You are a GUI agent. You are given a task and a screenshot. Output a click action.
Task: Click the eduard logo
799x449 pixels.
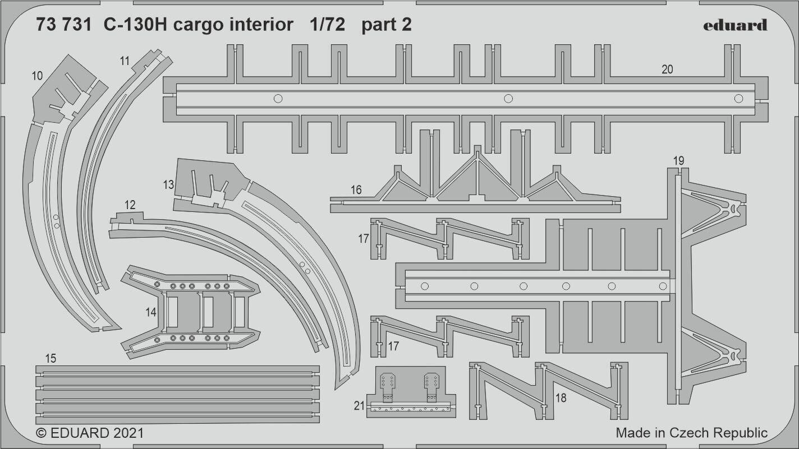click(734, 25)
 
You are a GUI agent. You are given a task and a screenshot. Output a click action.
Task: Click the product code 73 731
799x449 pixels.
click(62, 25)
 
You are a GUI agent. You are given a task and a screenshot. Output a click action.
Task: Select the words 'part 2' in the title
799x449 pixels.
click(387, 25)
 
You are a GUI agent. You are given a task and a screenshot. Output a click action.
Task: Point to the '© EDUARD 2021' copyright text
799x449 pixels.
click(90, 433)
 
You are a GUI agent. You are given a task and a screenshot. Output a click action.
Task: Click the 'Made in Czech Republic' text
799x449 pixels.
click(691, 433)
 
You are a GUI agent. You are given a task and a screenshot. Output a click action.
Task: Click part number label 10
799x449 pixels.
click(38, 76)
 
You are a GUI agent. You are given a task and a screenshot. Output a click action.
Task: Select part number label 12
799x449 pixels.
click(130, 206)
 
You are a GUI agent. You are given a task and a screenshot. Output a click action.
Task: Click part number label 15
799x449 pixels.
click(50, 358)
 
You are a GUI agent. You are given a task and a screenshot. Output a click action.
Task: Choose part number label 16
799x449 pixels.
click(356, 190)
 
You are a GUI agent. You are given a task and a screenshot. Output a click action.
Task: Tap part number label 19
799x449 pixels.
click(678, 161)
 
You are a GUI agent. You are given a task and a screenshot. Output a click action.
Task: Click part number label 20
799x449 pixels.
click(667, 70)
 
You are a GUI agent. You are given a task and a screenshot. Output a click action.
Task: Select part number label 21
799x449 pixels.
click(360, 406)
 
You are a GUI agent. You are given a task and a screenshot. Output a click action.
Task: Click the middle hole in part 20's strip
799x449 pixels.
click(508, 99)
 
